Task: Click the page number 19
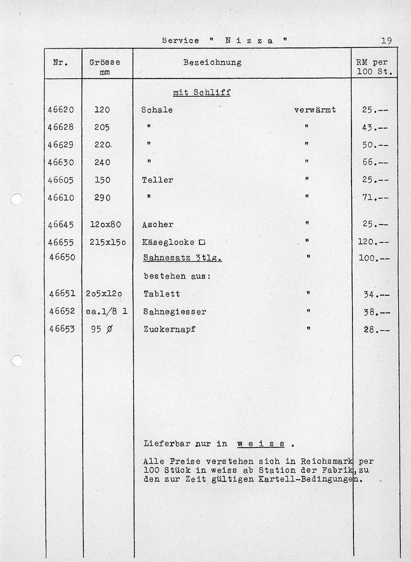tap(387, 41)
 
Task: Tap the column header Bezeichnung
tap(212, 62)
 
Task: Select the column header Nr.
tap(61, 62)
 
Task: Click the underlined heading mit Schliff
tap(201, 93)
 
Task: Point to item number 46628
tap(61, 127)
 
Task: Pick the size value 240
tap(102, 162)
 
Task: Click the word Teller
tap(157, 180)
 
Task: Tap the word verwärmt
tap(315, 110)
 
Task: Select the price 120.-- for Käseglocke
tap(373, 242)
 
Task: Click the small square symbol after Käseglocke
tap(202, 242)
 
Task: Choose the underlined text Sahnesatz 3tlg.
tap(183, 258)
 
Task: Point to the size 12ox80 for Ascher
tap(106, 224)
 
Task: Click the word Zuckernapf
tap(169, 329)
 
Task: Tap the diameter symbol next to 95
tap(109, 329)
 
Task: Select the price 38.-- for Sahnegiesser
tap(376, 312)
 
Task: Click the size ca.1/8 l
tap(107, 312)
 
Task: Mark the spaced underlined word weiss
tap(261, 444)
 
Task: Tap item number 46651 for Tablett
tap(62, 294)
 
